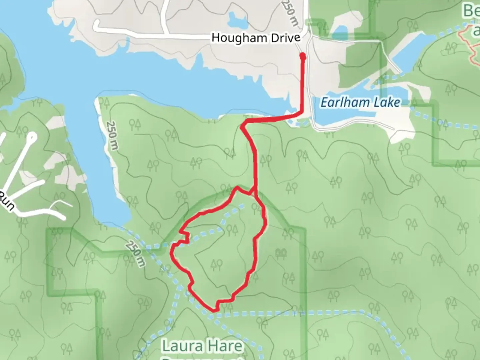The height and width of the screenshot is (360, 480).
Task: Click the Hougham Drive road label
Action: tap(256, 38)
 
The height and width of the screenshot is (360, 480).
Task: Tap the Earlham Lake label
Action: tap(360, 102)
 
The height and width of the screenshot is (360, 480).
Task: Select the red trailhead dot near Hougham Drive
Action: tap(303, 57)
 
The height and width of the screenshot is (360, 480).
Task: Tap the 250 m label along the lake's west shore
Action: tap(112, 135)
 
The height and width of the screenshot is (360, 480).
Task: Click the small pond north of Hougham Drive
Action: tap(237, 20)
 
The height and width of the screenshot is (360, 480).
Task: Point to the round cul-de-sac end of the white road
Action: tap(32, 136)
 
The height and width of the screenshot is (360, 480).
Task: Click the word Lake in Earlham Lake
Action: tap(387, 102)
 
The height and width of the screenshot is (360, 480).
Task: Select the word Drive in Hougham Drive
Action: tap(286, 38)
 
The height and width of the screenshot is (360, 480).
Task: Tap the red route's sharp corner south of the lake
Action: tap(242, 126)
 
